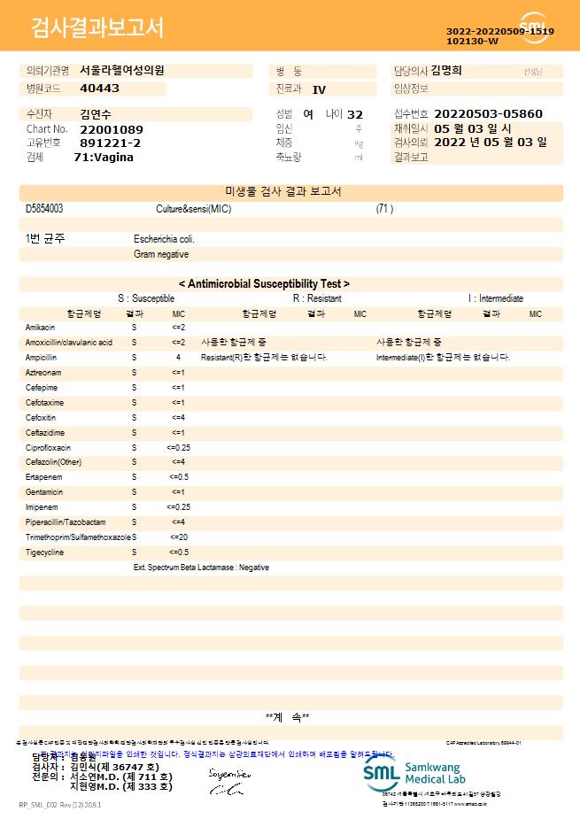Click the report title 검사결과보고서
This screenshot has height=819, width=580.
tap(97, 28)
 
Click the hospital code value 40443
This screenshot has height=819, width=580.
tap(99, 89)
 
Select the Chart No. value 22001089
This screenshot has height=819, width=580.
tap(111, 129)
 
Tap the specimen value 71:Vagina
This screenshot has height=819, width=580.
tap(104, 157)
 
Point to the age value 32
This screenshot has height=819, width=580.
tap(355, 114)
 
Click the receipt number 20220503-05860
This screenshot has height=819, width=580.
tap(488, 114)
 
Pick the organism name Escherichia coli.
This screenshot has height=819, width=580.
tap(164, 239)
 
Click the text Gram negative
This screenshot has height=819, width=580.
tap(161, 254)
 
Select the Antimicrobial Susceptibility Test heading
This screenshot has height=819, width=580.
tap(264, 283)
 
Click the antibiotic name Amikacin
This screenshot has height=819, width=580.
tap(41, 328)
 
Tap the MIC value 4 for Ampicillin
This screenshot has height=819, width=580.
tap(178, 358)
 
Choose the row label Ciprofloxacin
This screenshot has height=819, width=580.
tap(48, 448)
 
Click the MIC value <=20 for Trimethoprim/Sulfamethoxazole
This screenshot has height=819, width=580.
tap(178, 537)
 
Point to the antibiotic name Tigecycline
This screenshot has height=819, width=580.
tap(44, 552)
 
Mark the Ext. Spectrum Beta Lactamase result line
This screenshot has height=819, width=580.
tap(201, 568)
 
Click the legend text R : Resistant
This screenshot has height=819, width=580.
tap(317, 298)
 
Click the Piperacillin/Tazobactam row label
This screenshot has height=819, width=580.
tap(66, 522)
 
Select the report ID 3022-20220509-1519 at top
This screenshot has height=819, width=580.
tap(500, 31)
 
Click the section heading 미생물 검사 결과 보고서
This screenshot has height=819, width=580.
tap(283, 191)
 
